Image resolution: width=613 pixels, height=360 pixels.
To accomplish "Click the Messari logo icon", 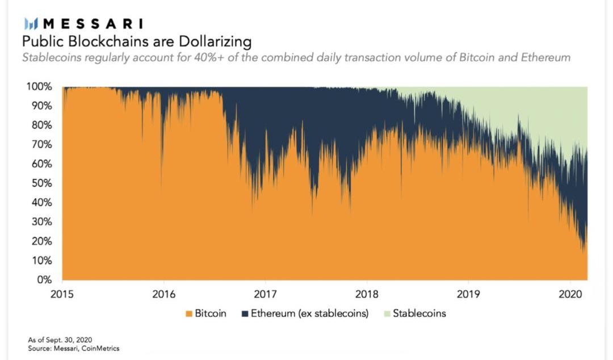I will click(x=31, y=24).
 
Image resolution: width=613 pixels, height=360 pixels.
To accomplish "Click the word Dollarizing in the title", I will click(x=217, y=41).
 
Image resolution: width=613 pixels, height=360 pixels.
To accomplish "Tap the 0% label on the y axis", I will click(x=45, y=280).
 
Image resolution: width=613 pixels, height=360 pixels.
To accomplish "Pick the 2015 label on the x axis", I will click(x=62, y=295).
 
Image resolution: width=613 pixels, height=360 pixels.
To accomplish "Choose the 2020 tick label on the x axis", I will click(x=569, y=295).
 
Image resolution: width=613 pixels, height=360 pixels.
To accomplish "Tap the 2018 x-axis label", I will click(x=367, y=295).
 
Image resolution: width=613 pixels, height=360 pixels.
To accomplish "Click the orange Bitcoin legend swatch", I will click(x=188, y=313).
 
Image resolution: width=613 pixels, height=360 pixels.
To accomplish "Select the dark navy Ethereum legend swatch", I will click(x=245, y=313).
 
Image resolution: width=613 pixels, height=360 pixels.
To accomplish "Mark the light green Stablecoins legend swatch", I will click(x=386, y=313).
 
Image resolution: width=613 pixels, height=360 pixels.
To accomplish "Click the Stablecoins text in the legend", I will click(x=419, y=313).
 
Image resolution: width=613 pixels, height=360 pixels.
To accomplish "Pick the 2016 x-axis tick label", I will click(x=164, y=295).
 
